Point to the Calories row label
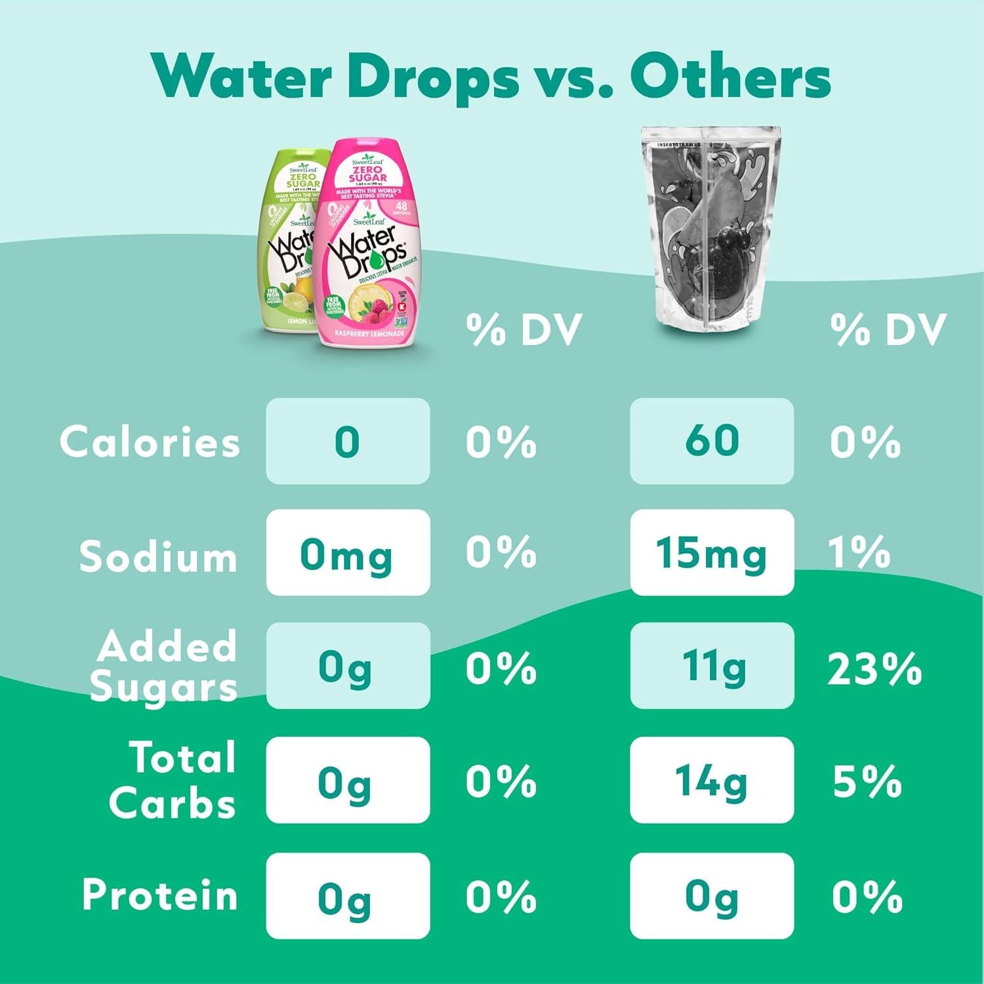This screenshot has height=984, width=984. pos(150,441)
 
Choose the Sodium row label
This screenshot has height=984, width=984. pos(157,556)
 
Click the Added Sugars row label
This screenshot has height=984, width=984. pos(164,666)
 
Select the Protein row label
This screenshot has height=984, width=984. pos(159,895)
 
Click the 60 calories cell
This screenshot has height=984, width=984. pos(712,441)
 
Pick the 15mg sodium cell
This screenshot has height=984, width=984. pos(712,553)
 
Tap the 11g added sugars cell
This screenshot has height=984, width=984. pos(712,666)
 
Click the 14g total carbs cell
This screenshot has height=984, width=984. pos(712,781)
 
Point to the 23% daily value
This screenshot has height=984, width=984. pos(874,669)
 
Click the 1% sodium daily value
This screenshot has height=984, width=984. pos(859,553)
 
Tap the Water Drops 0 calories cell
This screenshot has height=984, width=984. pos(348,441)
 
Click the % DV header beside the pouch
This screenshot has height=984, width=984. pos(888,329)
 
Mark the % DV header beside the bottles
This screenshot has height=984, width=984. pos(524,329)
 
